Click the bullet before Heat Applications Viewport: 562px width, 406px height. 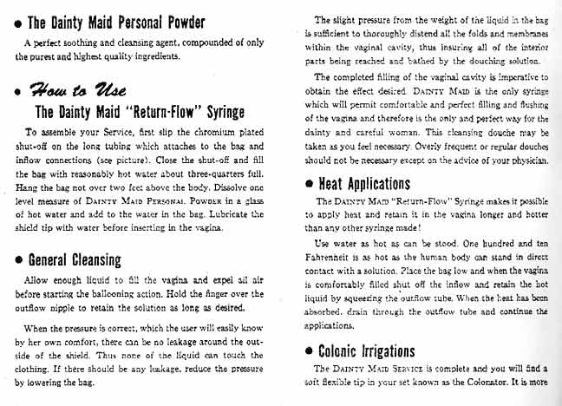[310, 186]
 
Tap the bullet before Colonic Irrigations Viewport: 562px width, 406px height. [310, 377]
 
